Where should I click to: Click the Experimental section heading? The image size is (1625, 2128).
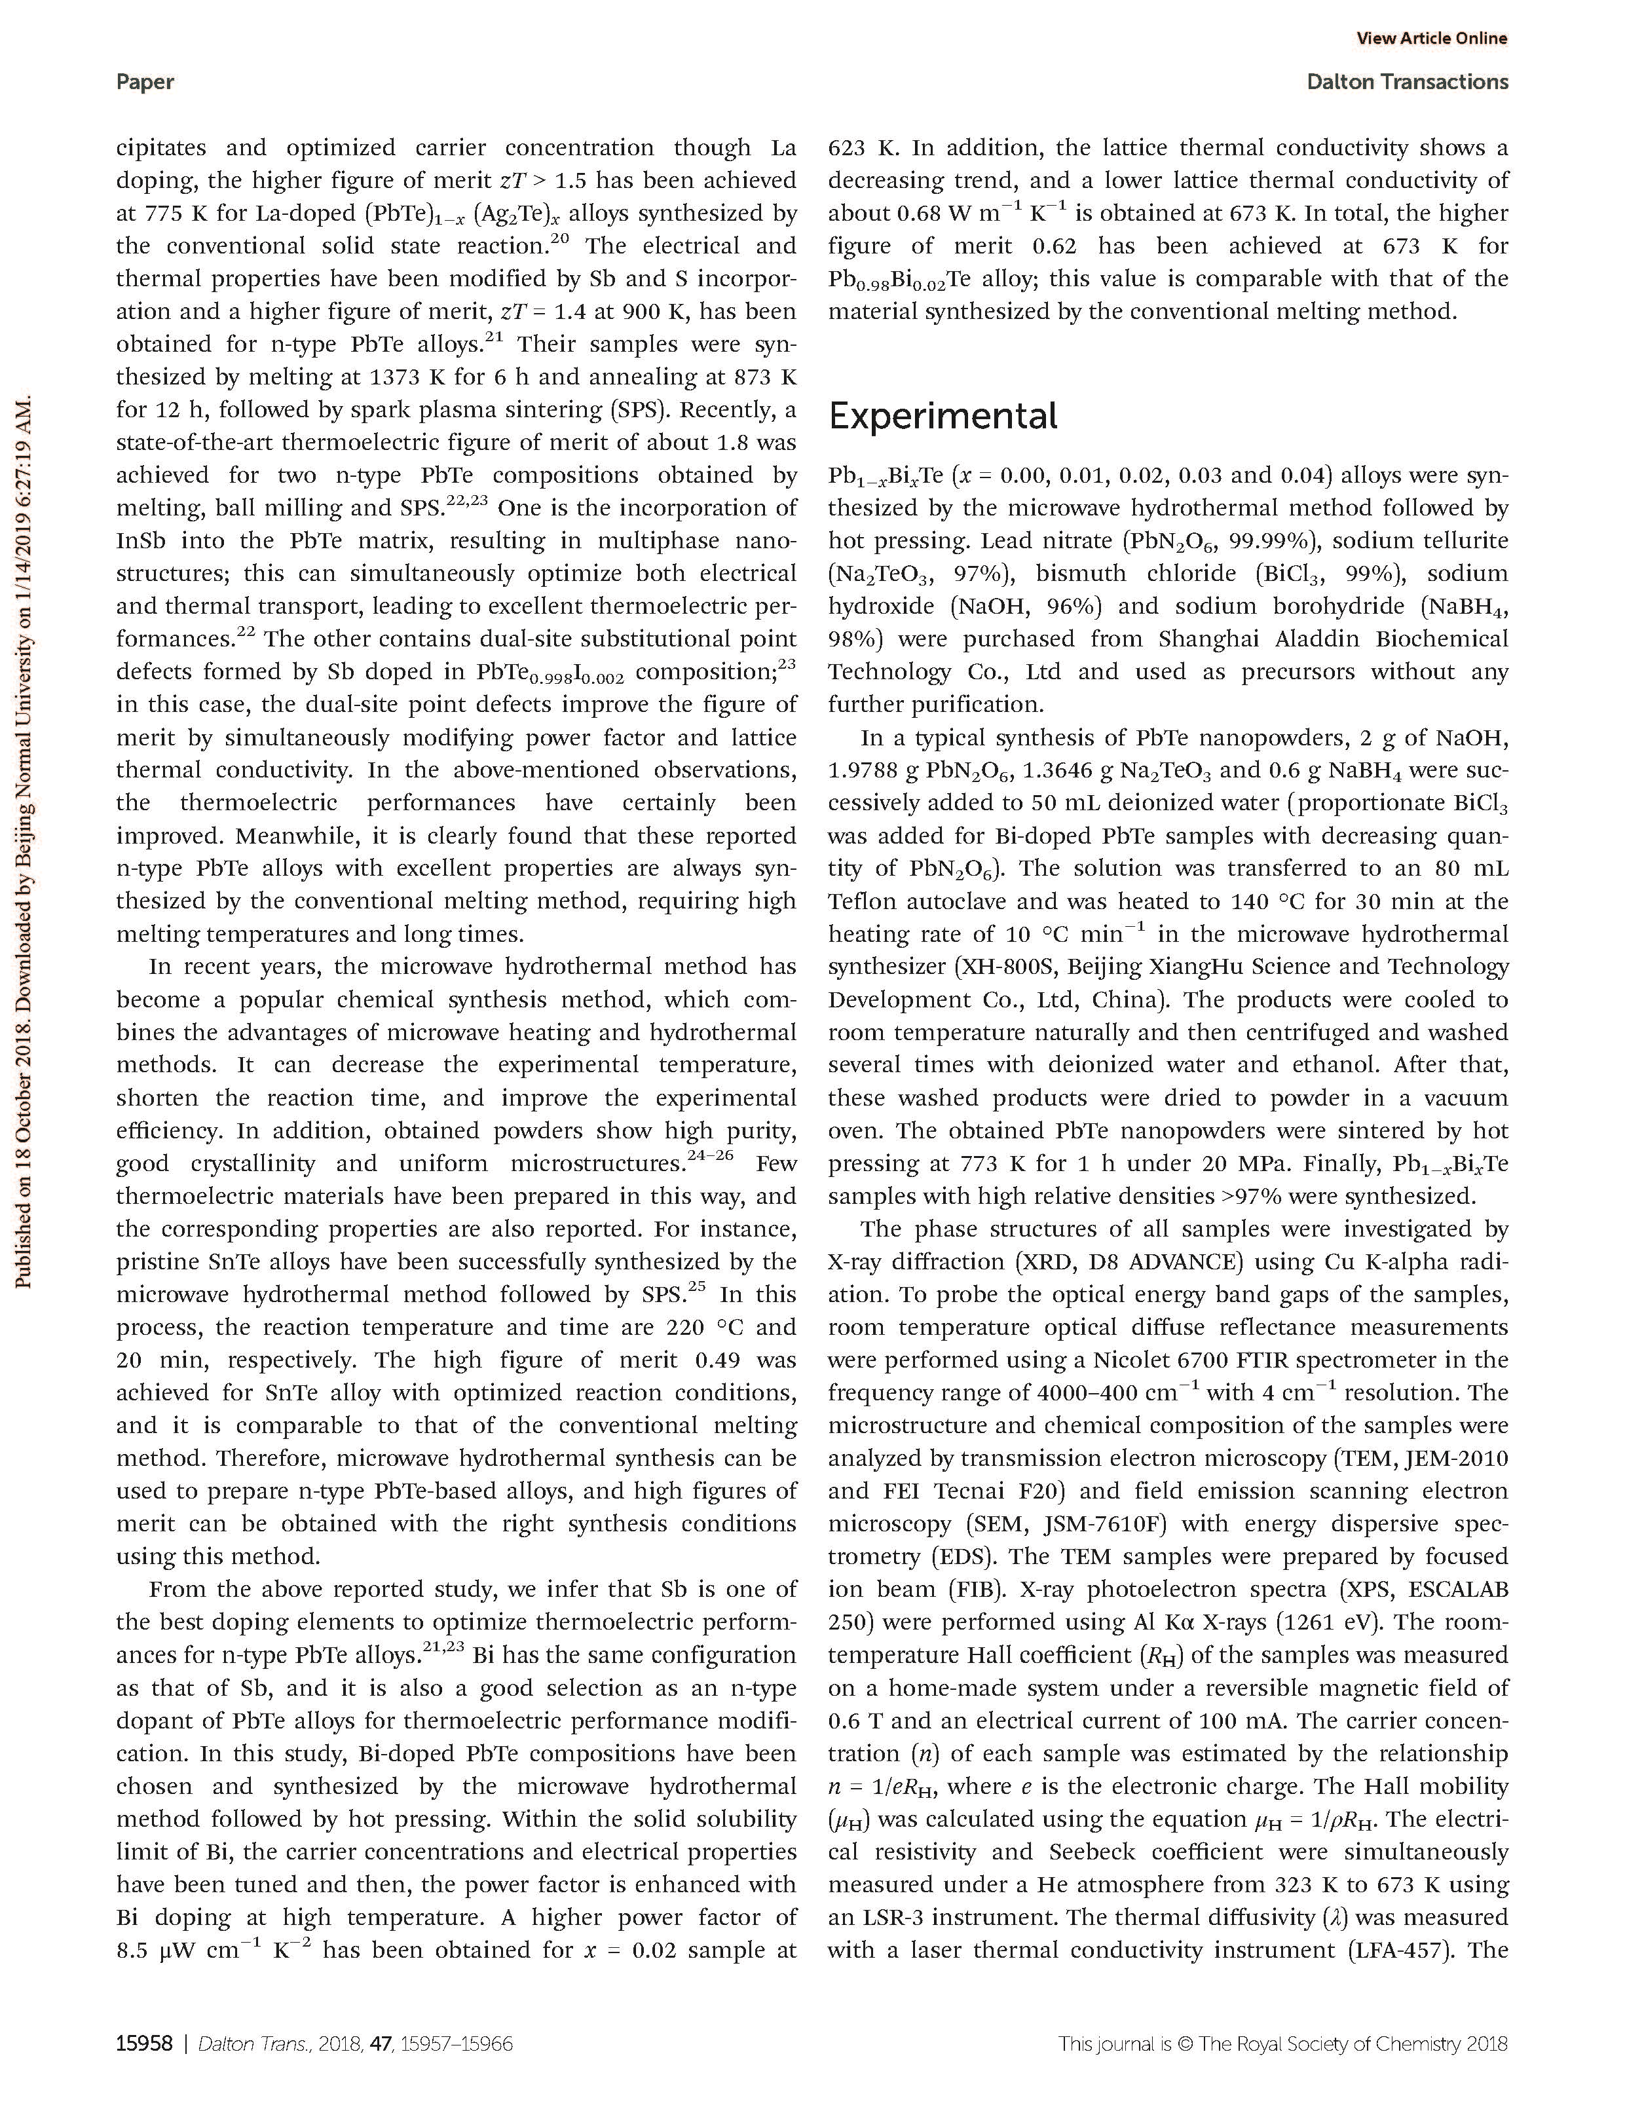coord(943,417)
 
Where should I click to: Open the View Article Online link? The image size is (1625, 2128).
coord(1432,39)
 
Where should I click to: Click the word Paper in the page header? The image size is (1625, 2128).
coord(145,83)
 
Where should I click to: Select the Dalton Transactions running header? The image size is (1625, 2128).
coord(1408,83)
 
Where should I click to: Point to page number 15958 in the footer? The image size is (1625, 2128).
coord(144,2044)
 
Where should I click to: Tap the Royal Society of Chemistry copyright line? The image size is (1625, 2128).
coord(1282,2044)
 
